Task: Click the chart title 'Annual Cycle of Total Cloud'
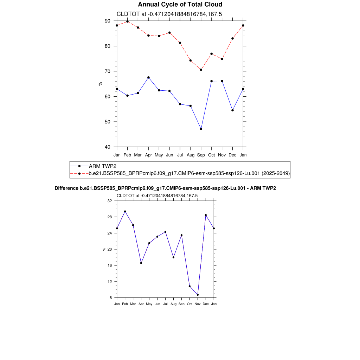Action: coord(180,5)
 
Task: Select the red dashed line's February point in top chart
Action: coord(127,21)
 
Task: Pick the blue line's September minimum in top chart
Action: coord(201,129)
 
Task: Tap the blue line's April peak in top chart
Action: coord(148,77)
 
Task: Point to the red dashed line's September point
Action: coord(201,70)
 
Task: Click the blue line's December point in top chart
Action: coord(232,110)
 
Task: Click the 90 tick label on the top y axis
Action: coord(107,21)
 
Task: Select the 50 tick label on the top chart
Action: coord(107,122)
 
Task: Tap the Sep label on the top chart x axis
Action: coord(201,155)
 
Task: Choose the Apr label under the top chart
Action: coord(148,155)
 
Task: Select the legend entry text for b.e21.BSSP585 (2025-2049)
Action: coord(189,173)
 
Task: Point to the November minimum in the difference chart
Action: coord(198,295)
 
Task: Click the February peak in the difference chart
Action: coord(125,211)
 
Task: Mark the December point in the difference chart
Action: coord(206,215)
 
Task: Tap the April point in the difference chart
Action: coord(141,263)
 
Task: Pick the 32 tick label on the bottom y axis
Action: coord(110,201)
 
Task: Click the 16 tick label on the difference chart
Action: coord(110,265)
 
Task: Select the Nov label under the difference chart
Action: coord(198,304)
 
